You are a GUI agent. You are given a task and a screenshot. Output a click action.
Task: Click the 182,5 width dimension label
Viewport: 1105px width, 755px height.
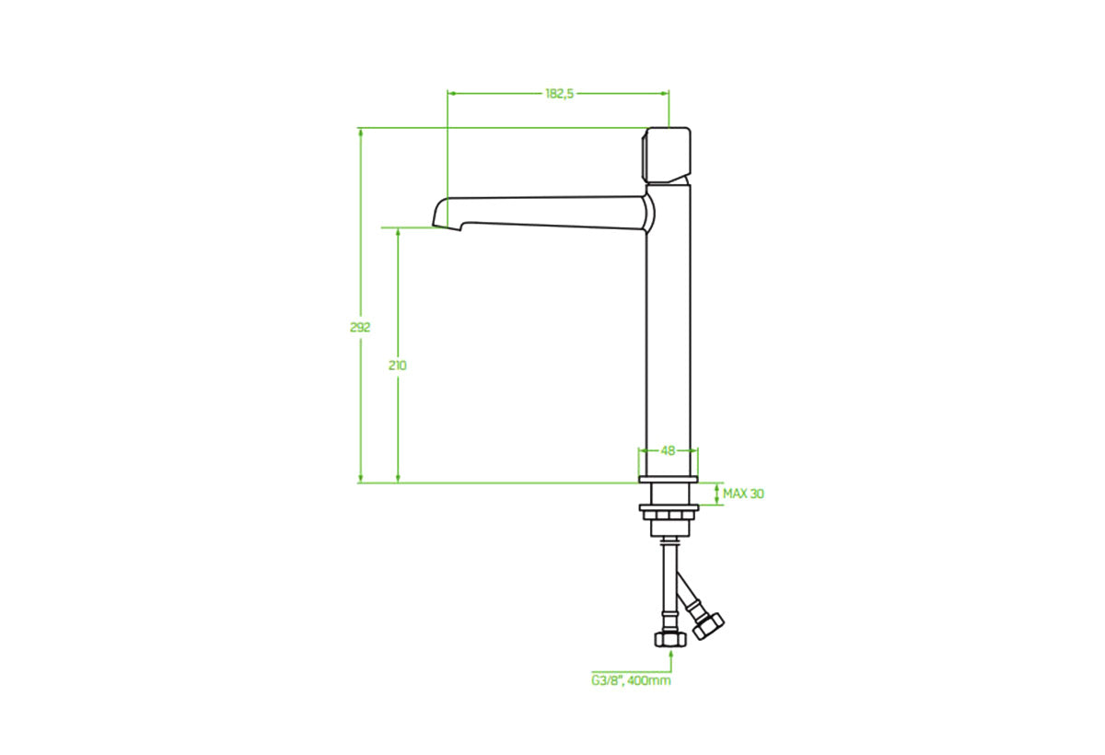tap(559, 93)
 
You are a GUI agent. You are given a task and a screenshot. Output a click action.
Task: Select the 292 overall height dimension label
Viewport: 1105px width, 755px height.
tap(360, 328)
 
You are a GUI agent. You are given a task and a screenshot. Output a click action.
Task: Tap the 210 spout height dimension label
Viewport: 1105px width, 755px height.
tap(398, 366)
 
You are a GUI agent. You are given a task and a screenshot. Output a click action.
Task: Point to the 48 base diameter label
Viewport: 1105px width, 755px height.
tap(669, 450)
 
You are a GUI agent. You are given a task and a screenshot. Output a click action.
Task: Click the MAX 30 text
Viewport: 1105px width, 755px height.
tap(743, 494)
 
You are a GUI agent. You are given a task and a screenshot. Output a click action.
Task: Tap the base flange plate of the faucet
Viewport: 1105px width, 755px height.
tap(669, 480)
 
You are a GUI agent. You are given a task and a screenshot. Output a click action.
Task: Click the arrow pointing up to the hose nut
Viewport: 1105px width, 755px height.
tap(670, 656)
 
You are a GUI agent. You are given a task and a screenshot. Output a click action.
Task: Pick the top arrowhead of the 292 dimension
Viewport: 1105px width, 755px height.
tap(361, 133)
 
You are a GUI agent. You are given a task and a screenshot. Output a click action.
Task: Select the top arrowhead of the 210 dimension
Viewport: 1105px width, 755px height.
tap(398, 233)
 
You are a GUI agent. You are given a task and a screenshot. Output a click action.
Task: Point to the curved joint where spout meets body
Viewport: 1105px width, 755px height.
tap(649, 213)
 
